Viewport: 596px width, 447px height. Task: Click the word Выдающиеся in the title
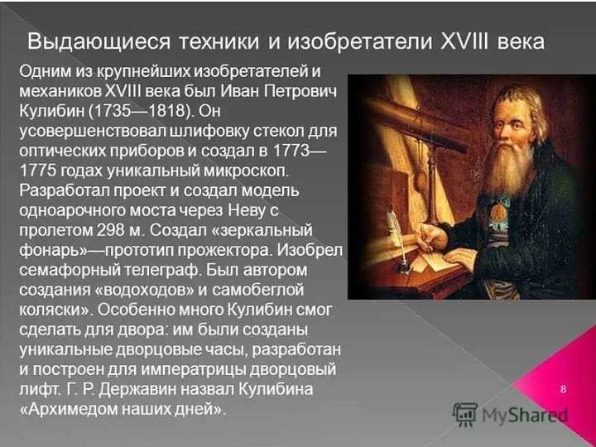point(99,42)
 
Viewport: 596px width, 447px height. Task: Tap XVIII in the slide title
point(465,41)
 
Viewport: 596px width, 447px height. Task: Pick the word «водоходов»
point(144,291)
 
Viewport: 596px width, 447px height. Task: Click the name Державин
point(142,389)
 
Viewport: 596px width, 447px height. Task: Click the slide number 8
point(564,389)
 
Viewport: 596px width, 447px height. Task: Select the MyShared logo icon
point(465,414)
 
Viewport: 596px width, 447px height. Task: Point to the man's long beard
point(508,166)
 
